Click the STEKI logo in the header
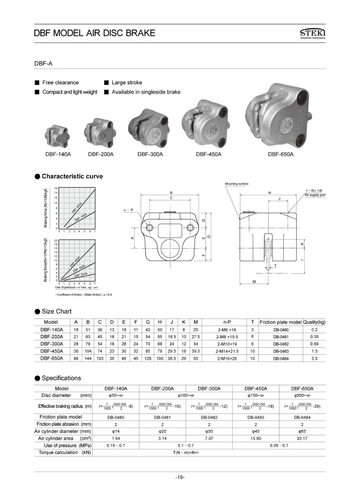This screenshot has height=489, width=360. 312,34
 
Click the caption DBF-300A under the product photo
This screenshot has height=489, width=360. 150,154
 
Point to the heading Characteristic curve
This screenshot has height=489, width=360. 72,176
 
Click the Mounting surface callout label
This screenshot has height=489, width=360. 237,184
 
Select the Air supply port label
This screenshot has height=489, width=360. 315,195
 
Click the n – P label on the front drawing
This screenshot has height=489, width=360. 128,210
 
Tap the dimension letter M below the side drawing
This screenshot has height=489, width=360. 254,282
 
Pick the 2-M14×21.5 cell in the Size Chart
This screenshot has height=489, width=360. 227,351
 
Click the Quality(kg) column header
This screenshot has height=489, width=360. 314,322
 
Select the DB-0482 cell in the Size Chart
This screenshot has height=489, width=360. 281,344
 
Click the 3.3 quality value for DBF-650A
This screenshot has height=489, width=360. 314,359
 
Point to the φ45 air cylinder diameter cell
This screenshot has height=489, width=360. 256,431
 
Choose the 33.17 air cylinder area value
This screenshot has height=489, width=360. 302,439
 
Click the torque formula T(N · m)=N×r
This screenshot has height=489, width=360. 185,453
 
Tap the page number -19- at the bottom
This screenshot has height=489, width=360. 180,477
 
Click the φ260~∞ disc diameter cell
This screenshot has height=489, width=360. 302,396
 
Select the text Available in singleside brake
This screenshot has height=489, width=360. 146,92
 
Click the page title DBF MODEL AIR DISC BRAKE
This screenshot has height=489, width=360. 94,33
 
